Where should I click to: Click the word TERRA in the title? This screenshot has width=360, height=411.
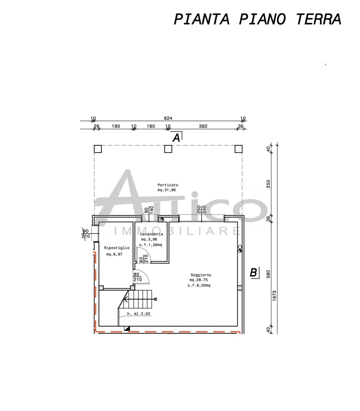pyautogui.click(x=318, y=19)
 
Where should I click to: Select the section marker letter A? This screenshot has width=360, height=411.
pyautogui.click(x=176, y=138)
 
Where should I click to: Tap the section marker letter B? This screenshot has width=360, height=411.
pyautogui.click(x=253, y=273)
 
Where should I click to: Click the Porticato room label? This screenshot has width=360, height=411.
pyautogui.click(x=167, y=185)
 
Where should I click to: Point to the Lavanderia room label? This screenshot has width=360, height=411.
pyautogui.click(x=151, y=234)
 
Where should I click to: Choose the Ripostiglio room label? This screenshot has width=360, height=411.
pyautogui.click(x=117, y=248)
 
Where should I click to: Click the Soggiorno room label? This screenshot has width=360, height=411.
pyautogui.click(x=201, y=275)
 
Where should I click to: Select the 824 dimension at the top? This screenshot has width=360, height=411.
pyautogui.click(x=168, y=118)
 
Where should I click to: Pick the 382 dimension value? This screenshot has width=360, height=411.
pyautogui.click(x=203, y=126)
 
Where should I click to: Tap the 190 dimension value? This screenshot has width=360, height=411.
pyautogui.click(x=116, y=126)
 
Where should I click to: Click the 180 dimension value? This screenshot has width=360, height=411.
pyautogui.click(x=150, y=126)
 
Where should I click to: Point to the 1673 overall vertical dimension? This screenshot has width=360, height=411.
pyautogui.click(x=274, y=295)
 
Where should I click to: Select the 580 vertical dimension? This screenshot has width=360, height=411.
pyautogui.click(x=269, y=274)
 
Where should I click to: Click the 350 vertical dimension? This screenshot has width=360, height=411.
pyautogui.click(x=269, y=184)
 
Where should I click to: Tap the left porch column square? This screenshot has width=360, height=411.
pyautogui.click(x=98, y=149)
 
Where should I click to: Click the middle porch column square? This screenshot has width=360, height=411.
pyautogui.click(x=168, y=149)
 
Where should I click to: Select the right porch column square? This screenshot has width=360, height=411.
pyautogui.click(x=238, y=149)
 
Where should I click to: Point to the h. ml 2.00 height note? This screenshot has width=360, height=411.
pyautogui.click(x=139, y=314)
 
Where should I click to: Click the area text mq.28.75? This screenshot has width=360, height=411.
pyautogui.click(x=199, y=280)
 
